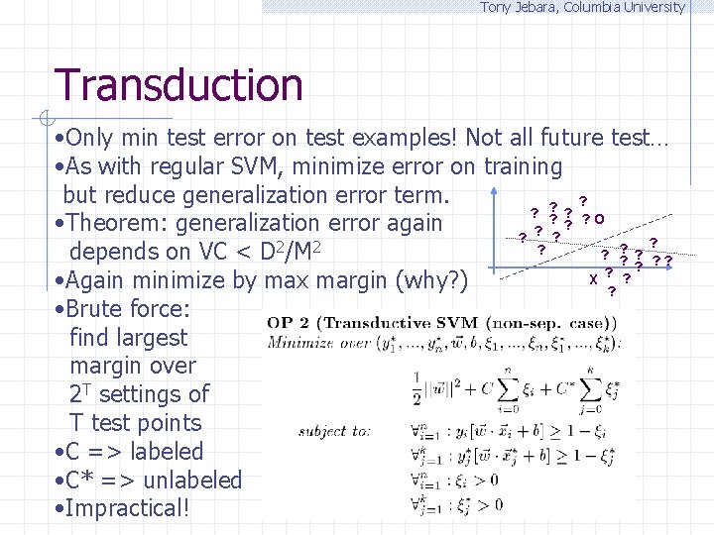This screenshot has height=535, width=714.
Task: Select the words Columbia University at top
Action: (629, 7)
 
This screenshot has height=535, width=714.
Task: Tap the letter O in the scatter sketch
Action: (602, 219)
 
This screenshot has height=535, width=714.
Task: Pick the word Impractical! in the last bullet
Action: (130, 509)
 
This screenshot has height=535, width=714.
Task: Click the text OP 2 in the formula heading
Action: (289, 323)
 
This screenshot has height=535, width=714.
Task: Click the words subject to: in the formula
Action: (335, 432)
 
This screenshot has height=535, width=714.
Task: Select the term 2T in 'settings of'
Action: (81, 393)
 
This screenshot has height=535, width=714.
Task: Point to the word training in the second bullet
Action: (523, 166)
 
